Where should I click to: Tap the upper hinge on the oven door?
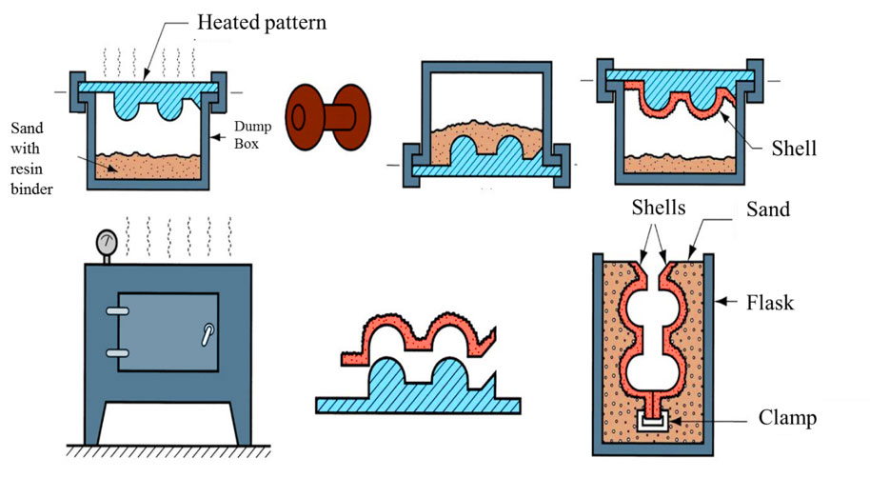pos(117,311)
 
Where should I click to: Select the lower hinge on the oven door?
pos(117,352)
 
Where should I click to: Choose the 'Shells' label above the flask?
pos(656,209)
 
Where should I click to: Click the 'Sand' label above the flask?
pos(768,209)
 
